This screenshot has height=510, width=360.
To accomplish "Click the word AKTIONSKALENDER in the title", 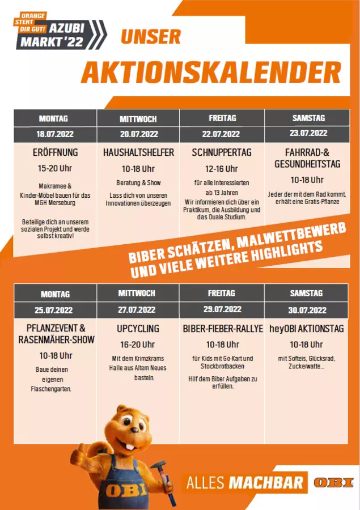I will click(x=211, y=73).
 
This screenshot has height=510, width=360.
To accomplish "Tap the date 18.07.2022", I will click(x=55, y=135).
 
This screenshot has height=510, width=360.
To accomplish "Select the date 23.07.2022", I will click(x=308, y=134).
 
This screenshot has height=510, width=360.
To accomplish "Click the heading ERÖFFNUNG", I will click(x=55, y=152).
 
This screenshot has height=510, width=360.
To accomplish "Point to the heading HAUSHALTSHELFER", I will click(x=138, y=152).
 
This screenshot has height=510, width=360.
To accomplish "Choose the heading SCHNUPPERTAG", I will click(x=222, y=152).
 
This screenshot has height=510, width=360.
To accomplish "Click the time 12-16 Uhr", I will click(x=222, y=169).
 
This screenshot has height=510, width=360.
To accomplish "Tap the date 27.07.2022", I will click(x=137, y=310).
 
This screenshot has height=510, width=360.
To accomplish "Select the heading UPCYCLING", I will click(x=138, y=328).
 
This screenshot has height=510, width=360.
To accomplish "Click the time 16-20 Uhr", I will click(x=137, y=345).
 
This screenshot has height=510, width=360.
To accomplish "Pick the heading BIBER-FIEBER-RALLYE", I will click(x=223, y=329).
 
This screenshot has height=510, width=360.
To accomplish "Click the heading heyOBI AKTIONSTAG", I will click(x=306, y=329).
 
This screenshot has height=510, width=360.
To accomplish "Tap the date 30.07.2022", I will click(x=307, y=310).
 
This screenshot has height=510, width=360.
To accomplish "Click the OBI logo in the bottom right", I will click(x=333, y=483).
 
